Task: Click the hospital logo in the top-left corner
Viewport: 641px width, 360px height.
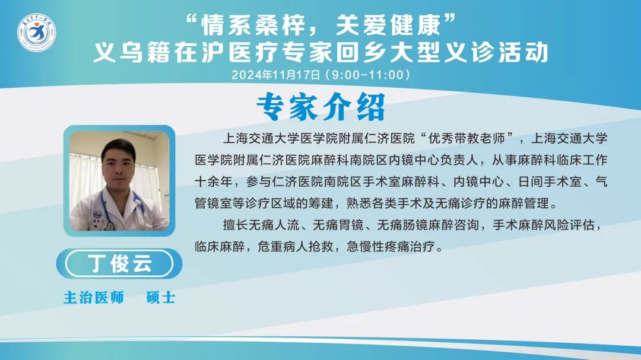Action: [x=36, y=33]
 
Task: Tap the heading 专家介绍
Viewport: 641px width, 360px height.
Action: [x=321, y=107]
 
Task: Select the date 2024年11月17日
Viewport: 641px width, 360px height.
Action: [x=276, y=75]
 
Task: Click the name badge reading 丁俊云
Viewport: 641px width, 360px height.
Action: [x=119, y=263]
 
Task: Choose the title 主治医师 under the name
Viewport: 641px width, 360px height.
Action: [x=94, y=298]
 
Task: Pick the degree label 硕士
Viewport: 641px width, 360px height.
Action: [x=161, y=298]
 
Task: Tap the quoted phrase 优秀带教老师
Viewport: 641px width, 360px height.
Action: [x=467, y=139]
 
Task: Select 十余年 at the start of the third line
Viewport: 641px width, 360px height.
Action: [x=214, y=181]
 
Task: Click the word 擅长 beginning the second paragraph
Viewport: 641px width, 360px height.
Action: [x=236, y=225]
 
